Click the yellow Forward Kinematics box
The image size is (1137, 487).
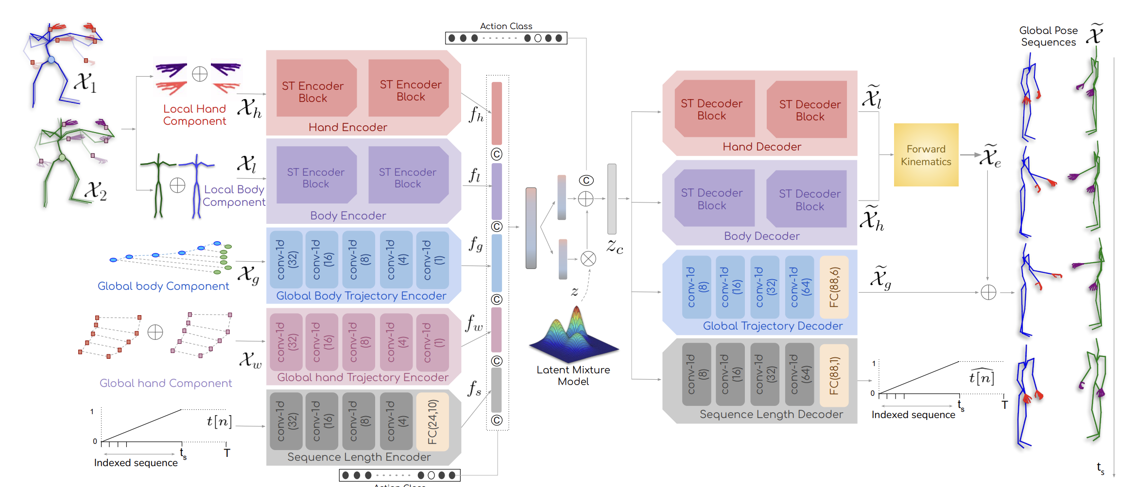click(x=926, y=155)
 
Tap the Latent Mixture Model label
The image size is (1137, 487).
click(x=573, y=375)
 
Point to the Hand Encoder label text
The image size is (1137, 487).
click(x=347, y=127)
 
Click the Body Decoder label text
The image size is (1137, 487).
click(x=761, y=236)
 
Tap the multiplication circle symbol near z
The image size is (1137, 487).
click(x=588, y=259)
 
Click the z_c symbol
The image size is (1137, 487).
click(x=615, y=246)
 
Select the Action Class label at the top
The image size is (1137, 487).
click(x=506, y=26)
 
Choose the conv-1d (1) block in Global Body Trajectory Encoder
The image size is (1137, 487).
click(x=432, y=259)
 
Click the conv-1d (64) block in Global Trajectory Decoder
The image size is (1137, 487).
click(x=799, y=287)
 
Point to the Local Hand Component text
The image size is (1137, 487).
click(x=194, y=115)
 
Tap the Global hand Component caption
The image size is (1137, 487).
click(x=166, y=383)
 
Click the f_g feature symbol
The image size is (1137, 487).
click(x=476, y=244)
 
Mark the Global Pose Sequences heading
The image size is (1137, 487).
click(x=1048, y=36)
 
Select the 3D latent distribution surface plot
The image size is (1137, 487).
click(x=573, y=335)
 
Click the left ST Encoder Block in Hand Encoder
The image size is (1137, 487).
click(x=313, y=91)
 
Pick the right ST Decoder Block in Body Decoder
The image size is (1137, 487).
click(x=810, y=200)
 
